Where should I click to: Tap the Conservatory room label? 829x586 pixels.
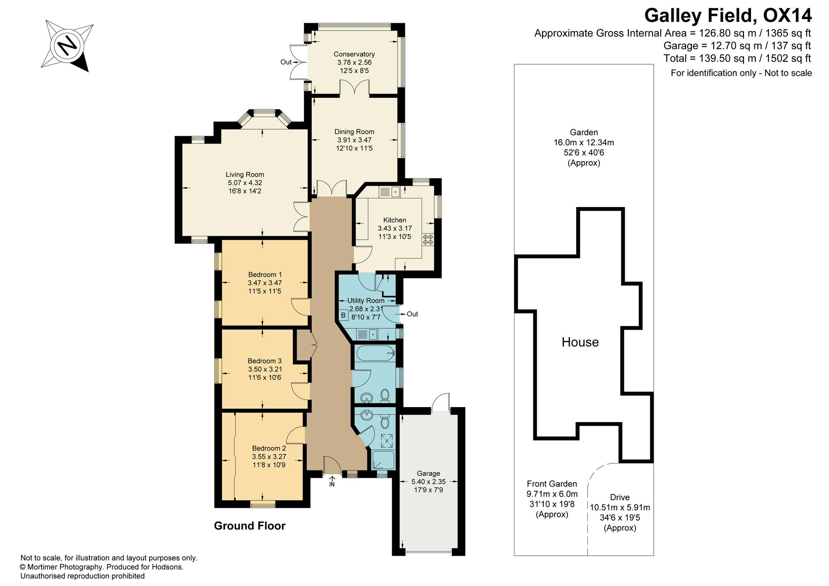click(354, 54)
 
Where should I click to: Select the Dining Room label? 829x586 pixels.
click(354, 132)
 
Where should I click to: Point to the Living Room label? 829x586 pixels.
click(245, 175)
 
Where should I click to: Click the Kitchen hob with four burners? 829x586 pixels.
click(428, 239)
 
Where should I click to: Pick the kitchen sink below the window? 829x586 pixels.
click(389, 192)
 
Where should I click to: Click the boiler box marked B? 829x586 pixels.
click(343, 316)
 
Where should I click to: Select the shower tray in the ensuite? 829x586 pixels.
click(383, 460)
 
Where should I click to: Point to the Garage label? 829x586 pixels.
click(429, 473)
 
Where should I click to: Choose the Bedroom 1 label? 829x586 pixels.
click(265, 275)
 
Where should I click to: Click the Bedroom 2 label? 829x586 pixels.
click(269, 448)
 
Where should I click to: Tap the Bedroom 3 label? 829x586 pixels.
click(265, 361)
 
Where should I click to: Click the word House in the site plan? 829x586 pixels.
click(580, 342)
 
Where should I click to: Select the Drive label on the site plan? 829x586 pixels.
click(620, 497)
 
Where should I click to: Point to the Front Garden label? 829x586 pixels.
click(552, 484)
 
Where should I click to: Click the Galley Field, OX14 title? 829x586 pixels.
click(728, 16)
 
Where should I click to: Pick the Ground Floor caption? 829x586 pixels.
click(250, 526)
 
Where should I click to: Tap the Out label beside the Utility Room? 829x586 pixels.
click(412, 314)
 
